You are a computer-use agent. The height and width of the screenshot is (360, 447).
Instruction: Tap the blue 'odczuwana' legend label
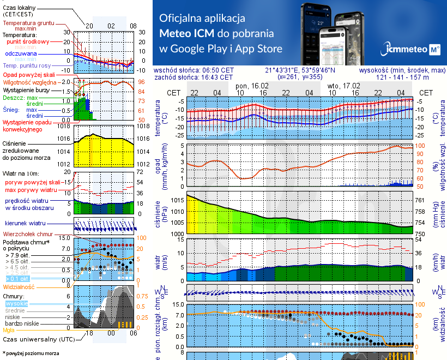click(21, 54)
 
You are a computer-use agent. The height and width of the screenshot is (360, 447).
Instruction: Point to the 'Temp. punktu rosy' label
click(27, 65)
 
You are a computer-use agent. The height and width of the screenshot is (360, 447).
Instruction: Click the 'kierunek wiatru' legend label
click(25, 224)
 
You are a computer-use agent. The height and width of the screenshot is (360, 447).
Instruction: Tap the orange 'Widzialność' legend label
click(19, 286)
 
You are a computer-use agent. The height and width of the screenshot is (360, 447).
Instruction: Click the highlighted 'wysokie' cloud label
click(16, 303)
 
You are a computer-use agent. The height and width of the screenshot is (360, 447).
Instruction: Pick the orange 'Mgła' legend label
click(9, 330)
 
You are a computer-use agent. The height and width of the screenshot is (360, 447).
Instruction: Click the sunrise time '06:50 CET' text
click(218, 70)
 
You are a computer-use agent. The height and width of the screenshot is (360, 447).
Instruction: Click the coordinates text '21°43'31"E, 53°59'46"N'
click(300, 70)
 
